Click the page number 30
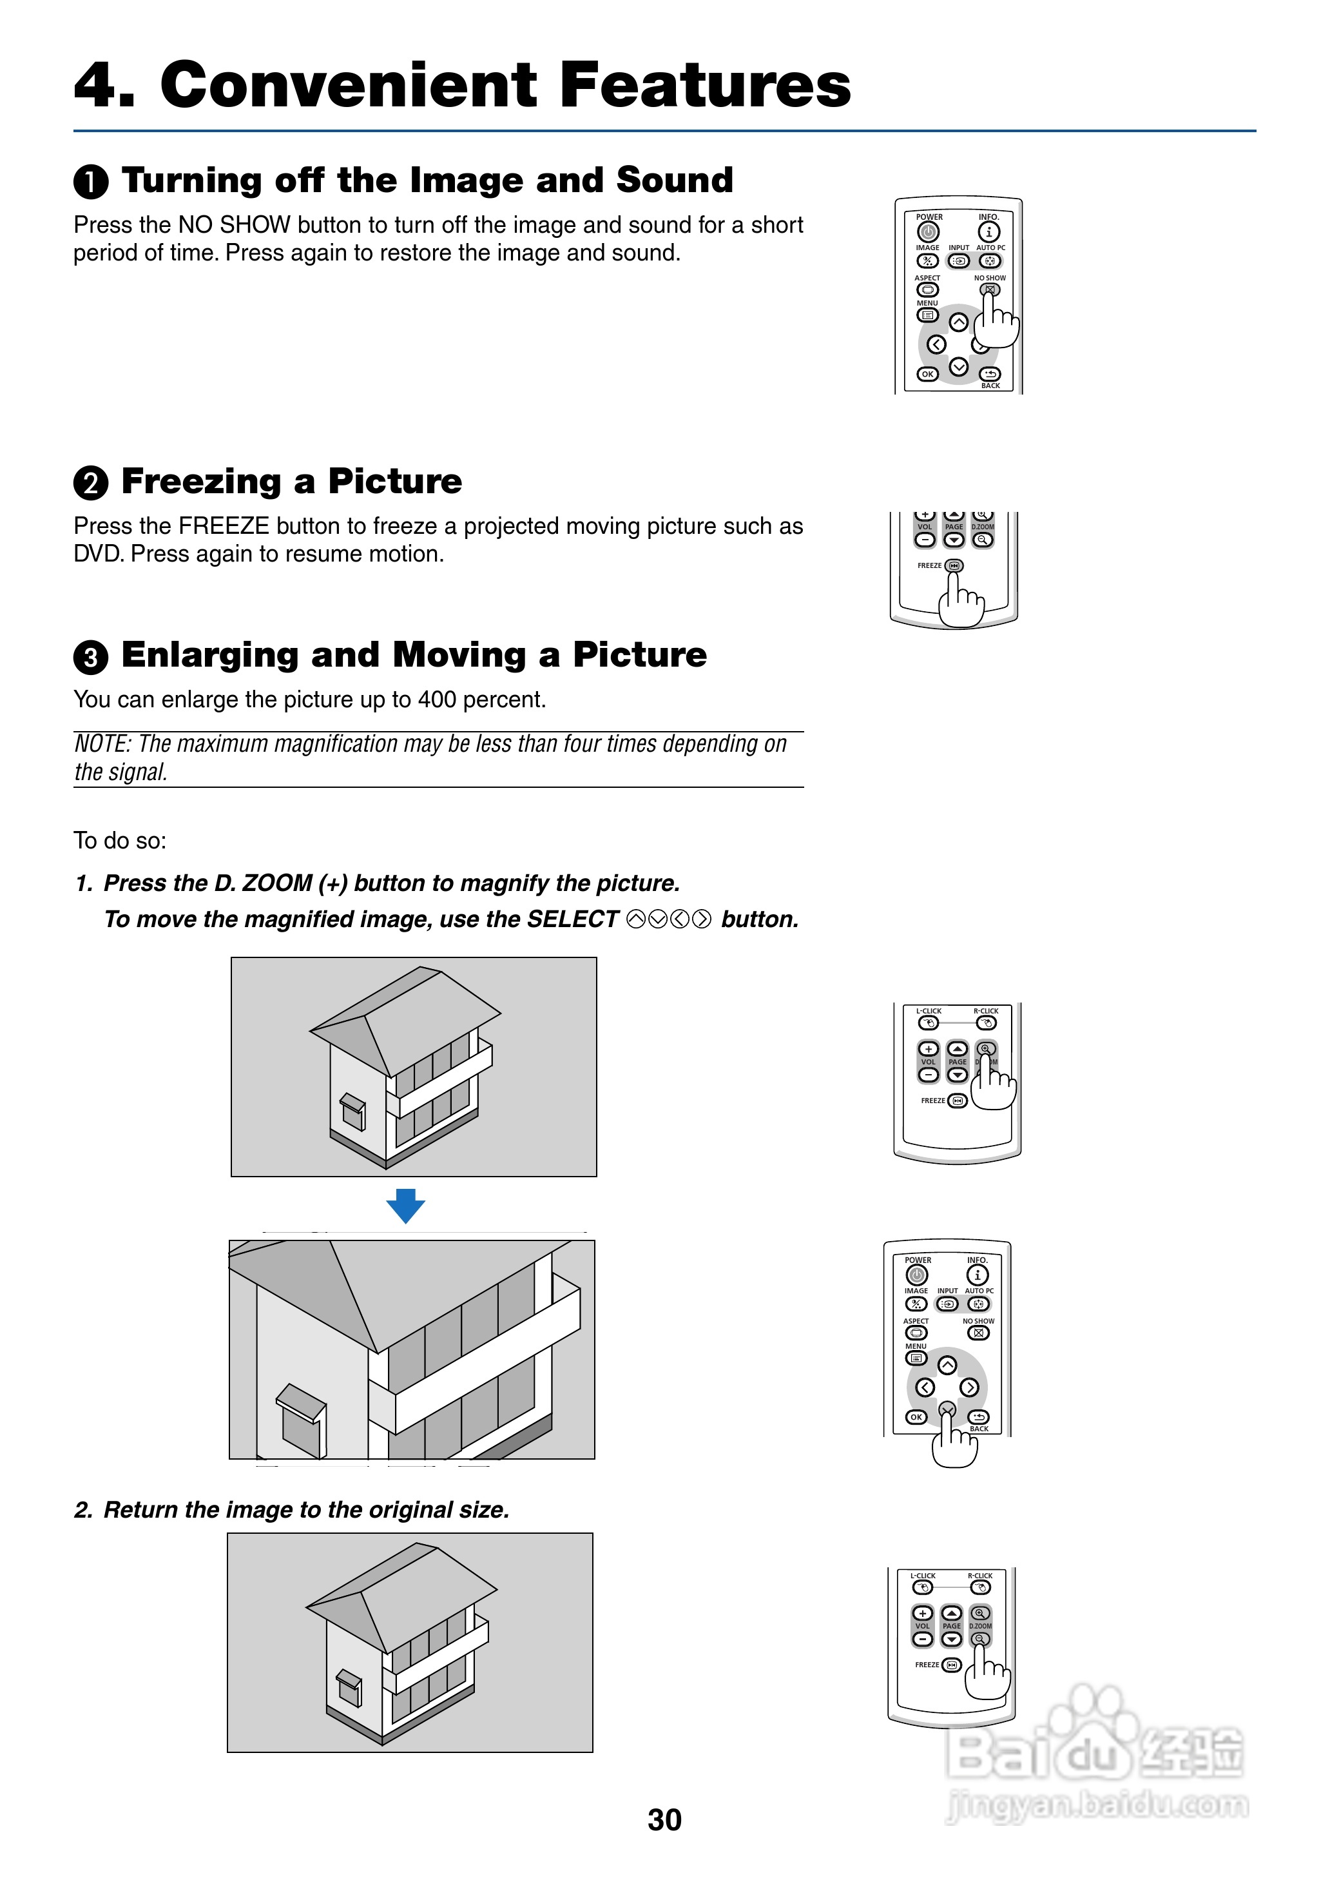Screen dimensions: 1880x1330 pyautogui.click(x=664, y=1819)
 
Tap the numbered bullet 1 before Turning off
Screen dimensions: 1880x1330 pyautogui.click(x=91, y=182)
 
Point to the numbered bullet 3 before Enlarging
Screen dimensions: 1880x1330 pyautogui.click(x=91, y=657)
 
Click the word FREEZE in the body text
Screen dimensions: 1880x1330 pyautogui.click(x=224, y=526)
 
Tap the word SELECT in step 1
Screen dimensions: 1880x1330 pyautogui.click(x=572, y=919)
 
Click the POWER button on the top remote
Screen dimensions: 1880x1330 pyautogui.click(x=928, y=232)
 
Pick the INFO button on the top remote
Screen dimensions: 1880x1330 pyautogui.click(x=988, y=232)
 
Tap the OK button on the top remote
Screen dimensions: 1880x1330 pyautogui.click(x=927, y=375)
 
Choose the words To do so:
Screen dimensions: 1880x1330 pyautogui.click(x=120, y=841)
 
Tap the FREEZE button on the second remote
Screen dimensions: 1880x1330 pyautogui.click(x=954, y=566)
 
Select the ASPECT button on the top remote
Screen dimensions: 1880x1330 pyautogui.click(x=927, y=290)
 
